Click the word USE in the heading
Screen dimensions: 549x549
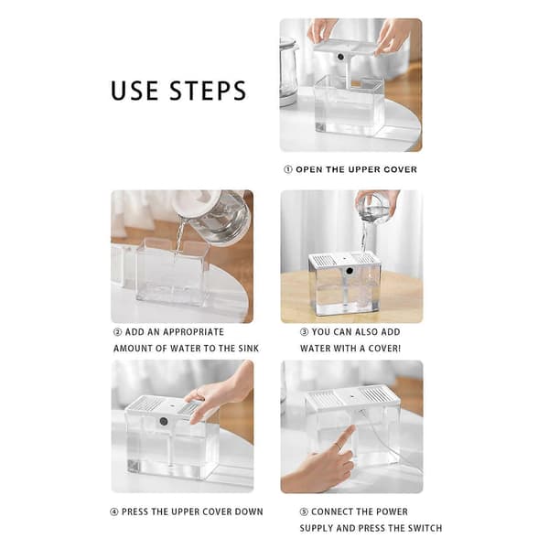coord(135,91)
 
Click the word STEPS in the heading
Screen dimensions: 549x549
coord(208,91)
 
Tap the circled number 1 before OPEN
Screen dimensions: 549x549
coord(288,170)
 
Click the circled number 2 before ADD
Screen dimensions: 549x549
coord(118,332)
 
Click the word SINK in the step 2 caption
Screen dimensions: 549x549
coord(249,349)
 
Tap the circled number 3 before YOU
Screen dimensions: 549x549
coord(305,332)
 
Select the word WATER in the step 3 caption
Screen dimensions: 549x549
coord(313,349)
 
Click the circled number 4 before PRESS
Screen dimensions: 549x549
coord(114,511)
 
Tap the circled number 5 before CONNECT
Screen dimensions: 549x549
coord(304,511)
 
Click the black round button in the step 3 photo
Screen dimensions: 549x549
coord(350,271)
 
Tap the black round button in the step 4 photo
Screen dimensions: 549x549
coord(164,421)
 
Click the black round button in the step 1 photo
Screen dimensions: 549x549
coord(340,57)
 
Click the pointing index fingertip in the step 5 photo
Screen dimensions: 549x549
coord(352,428)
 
